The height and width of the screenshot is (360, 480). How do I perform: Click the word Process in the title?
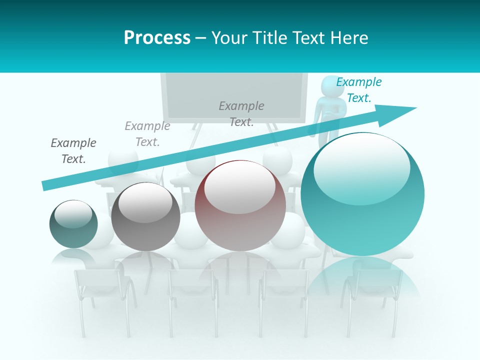point(157,38)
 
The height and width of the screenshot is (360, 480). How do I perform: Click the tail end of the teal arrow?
point(46,185)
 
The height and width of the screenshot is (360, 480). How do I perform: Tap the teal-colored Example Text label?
point(358,90)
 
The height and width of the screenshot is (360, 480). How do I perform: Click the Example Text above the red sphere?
point(241,114)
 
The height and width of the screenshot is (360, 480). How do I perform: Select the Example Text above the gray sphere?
point(147,134)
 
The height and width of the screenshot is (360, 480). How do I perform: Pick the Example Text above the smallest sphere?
point(73,151)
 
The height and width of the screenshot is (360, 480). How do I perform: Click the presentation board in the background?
point(234,95)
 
